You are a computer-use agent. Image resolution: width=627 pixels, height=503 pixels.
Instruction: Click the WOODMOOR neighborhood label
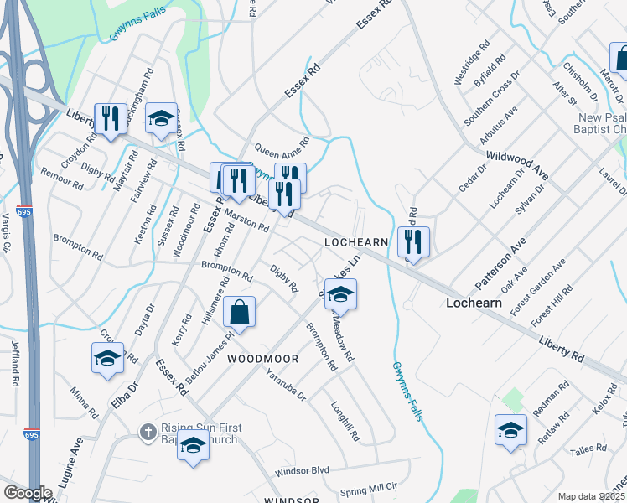(263, 359)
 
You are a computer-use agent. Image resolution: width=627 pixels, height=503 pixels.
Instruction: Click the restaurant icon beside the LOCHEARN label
(413, 242)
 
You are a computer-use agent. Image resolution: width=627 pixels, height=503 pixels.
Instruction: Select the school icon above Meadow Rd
(340, 295)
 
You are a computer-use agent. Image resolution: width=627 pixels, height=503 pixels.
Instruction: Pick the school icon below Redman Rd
(510, 431)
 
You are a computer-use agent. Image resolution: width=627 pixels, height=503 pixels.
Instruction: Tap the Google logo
(28, 493)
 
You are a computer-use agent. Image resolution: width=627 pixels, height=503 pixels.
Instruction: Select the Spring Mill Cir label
(367, 486)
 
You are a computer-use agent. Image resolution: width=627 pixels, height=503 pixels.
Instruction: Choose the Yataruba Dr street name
(286, 384)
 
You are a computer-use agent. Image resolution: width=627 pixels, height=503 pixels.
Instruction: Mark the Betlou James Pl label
(209, 358)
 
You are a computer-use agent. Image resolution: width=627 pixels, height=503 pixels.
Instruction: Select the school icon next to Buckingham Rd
(161, 119)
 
